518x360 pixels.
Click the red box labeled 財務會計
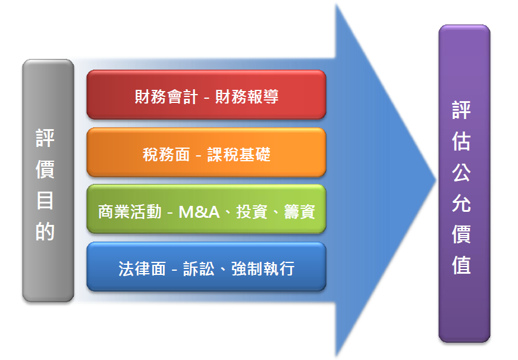click(206, 95)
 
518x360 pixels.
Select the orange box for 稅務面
click(206, 152)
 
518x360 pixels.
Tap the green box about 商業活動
click(206, 209)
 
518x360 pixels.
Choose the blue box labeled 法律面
click(206, 267)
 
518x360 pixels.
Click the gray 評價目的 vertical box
click(48, 180)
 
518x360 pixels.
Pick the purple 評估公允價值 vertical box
click(464, 183)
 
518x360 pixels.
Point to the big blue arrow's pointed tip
click(436, 180)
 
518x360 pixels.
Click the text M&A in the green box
click(199, 212)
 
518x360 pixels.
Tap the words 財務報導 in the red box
click(247, 97)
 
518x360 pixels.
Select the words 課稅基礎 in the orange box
click(239, 154)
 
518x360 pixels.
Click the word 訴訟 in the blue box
click(199, 269)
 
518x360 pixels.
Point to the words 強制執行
click(263, 269)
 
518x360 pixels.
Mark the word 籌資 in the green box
click(299, 212)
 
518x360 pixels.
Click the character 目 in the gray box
click(45, 201)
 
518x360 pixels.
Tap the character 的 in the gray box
click(45, 231)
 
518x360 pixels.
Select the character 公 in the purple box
click(461, 172)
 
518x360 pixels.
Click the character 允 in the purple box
click(461, 204)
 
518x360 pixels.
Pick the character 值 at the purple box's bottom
click(461, 265)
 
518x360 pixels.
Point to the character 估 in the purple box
click(461, 142)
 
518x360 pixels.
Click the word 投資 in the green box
click(252, 212)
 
